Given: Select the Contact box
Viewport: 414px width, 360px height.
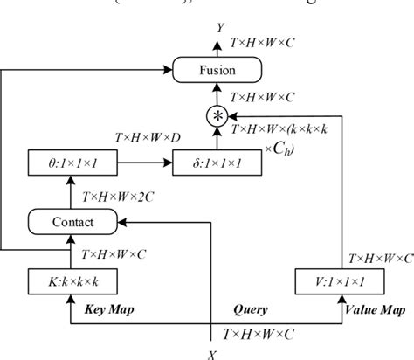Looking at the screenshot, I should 73,222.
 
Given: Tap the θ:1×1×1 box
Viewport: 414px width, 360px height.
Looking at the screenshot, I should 73,163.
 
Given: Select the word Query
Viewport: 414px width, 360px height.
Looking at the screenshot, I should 252,309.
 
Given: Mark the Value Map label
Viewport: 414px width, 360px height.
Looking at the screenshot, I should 367,309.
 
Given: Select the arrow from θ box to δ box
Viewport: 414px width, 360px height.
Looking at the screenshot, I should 145,163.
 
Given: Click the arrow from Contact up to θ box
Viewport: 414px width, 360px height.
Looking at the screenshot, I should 73,192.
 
